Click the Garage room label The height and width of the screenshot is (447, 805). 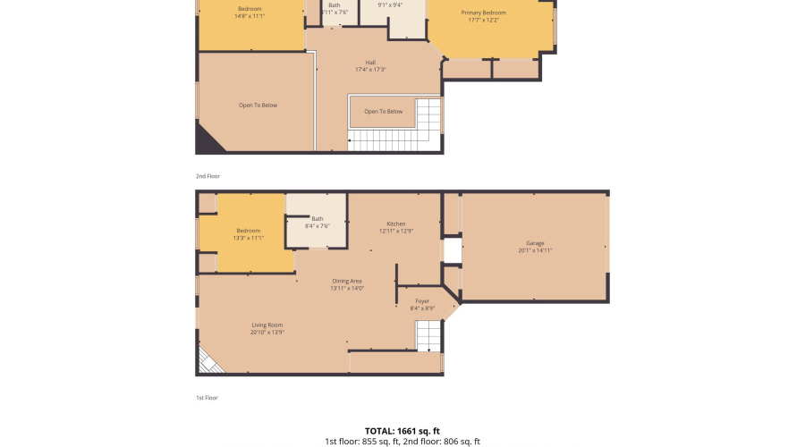pyautogui.click(x=535, y=242)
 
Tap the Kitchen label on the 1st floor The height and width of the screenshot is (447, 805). pyautogui.click(x=395, y=223)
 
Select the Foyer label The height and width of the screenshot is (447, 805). pyautogui.click(x=421, y=300)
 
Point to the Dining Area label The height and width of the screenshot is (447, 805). pyautogui.click(x=346, y=281)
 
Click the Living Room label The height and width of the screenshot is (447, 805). pyautogui.click(x=267, y=325)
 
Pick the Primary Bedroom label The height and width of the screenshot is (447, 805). pyautogui.click(x=483, y=13)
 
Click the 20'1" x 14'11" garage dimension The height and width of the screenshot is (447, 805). pyautogui.click(x=535, y=250)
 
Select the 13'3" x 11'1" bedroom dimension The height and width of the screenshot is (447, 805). pyautogui.click(x=248, y=239)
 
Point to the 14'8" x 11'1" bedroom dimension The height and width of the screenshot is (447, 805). pyautogui.click(x=250, y=16)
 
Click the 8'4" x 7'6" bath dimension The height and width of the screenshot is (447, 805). pyautogui.click(x=318, y=226)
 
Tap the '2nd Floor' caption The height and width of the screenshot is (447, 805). pyautogui.click(x=208, y=176)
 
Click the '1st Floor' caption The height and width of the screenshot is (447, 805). pyautogui.click(x=207, y=398)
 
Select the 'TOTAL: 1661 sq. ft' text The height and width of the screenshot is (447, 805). pyautogui.click(x=402, y=430)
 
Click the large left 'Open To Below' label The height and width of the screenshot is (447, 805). pyautogui.click(x=258, y=105)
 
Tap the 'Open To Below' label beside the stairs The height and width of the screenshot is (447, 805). pyautogui.click(x=383, y=112)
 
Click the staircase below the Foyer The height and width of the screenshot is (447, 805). pyautogui.click(x=428, y=336)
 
